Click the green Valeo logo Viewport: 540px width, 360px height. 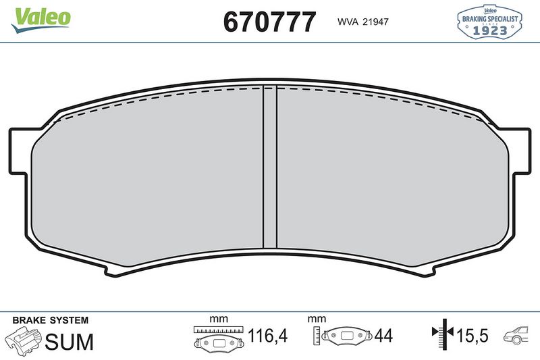(40, 16)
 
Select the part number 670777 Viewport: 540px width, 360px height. (269, 21)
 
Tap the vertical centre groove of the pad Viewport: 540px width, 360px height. (269, 169)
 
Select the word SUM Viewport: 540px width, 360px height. (69, 341)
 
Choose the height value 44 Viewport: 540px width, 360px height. (383, 336)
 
